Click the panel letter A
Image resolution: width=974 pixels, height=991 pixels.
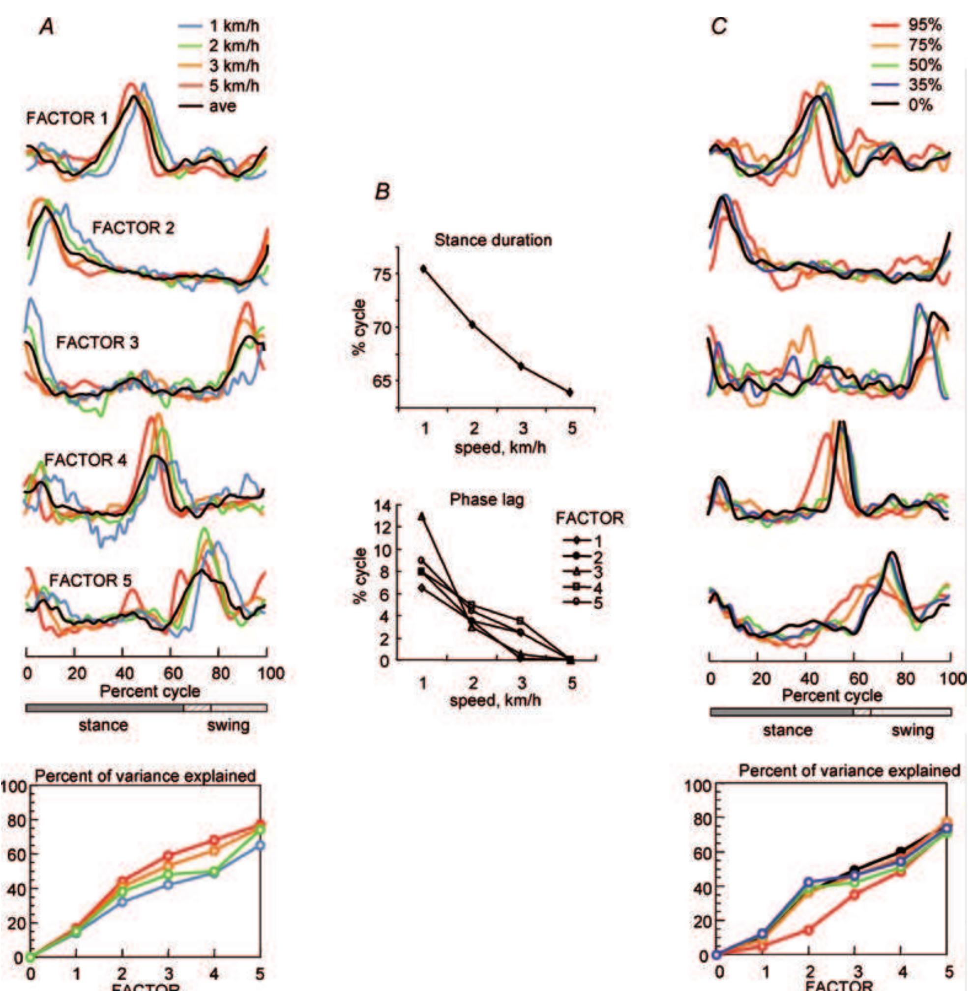[x=47, y=27]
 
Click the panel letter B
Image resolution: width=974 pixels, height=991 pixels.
[x=382, y=191]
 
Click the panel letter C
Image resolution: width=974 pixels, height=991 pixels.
[x=719, y=26]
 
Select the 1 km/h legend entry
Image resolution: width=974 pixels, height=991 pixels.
[x=219, y=26]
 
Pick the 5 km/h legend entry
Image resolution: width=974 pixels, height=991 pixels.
[x=219, y=85]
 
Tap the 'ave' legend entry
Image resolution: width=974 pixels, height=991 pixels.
[x=207, y=106]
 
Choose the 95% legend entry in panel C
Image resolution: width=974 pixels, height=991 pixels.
[x=906, y=25]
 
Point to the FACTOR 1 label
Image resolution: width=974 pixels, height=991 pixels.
[x=67, y=118]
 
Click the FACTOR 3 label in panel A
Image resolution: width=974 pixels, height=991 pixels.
[x=97, y=342]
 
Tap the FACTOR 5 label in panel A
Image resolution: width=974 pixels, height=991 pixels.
[x=90, y=581]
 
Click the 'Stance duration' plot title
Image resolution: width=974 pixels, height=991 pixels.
[x=493, y=240]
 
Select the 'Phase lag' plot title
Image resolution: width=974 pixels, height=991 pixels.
[x=486, y=499]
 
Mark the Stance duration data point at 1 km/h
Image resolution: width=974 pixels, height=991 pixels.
[x=423, y=268]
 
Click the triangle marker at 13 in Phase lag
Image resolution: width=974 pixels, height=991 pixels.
[x=422, y=517]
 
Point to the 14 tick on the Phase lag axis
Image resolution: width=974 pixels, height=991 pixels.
[x=382, y=506]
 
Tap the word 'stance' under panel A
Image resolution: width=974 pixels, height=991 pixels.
[x=103, y=725]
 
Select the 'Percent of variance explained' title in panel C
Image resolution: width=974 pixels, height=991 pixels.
[x=849, y=770]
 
